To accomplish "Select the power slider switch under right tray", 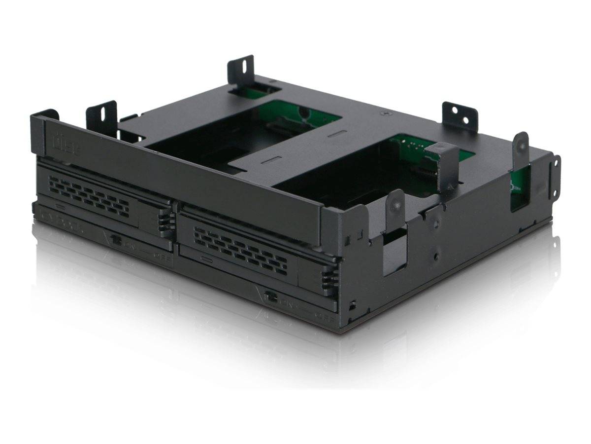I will tap(270, 297).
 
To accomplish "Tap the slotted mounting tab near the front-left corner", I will tap(101, 117).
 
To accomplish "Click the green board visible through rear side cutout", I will tap(519, 187).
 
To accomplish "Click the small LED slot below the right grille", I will tap(206, 259).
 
